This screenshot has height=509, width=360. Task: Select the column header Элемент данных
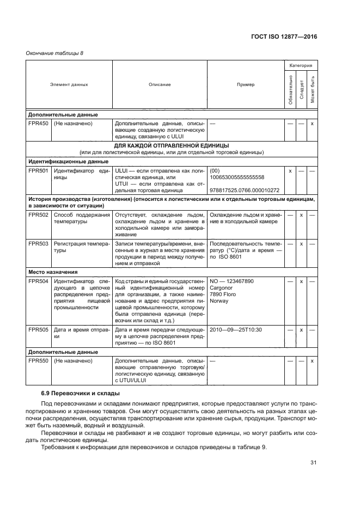pos(69,84)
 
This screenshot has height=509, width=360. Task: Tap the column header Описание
pos(160,84)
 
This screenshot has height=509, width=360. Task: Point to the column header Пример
pos(245,84)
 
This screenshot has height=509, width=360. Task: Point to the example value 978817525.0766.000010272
pos(244,190)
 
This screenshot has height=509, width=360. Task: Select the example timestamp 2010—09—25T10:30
pos(236,329)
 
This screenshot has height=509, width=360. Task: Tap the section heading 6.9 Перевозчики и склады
pos(80,393)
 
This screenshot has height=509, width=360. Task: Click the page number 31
pos(313,463)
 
